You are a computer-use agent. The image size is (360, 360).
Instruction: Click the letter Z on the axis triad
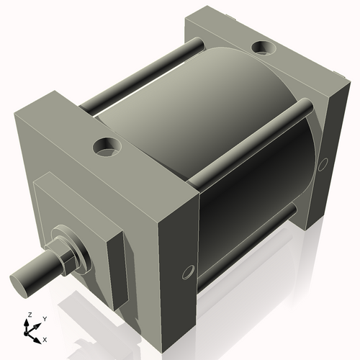pos(30,315)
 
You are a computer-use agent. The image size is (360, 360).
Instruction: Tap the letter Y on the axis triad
pos(44,318)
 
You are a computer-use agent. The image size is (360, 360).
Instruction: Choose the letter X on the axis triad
pos(45,338)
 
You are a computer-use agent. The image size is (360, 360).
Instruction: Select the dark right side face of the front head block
pos(176,259)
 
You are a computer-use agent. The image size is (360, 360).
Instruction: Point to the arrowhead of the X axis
pos(39,335)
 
